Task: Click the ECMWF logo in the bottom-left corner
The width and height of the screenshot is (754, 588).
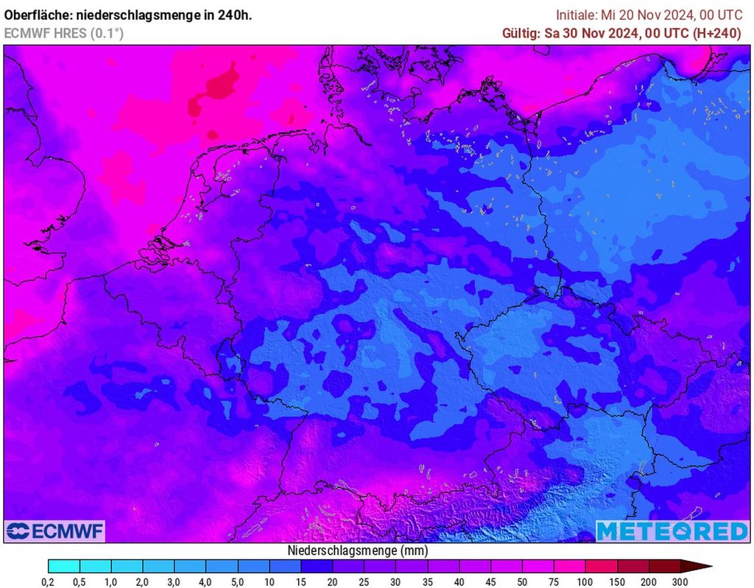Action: [x=55, y=531]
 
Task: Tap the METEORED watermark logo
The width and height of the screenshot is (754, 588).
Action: [x=672, y=531]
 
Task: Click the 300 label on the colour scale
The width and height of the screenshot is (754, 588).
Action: [x=680, y=582]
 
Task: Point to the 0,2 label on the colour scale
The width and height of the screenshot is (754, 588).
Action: [x=48, y=582]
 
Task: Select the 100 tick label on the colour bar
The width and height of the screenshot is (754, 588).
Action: [x=585, y=582]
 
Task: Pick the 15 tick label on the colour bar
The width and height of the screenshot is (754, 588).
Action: [x=301, y=582]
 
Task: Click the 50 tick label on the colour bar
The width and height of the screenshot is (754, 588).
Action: [x=522, y=582]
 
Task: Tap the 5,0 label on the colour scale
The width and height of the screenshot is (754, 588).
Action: [x=238, y=582]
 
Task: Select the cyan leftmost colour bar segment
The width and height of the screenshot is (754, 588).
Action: [x=64, y=566]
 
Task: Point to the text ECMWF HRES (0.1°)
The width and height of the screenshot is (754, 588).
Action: [x=63, y=33]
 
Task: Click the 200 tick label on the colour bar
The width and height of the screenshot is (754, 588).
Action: [x=649, y=582]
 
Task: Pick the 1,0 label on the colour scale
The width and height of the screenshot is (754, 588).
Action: [x=111, y=582]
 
